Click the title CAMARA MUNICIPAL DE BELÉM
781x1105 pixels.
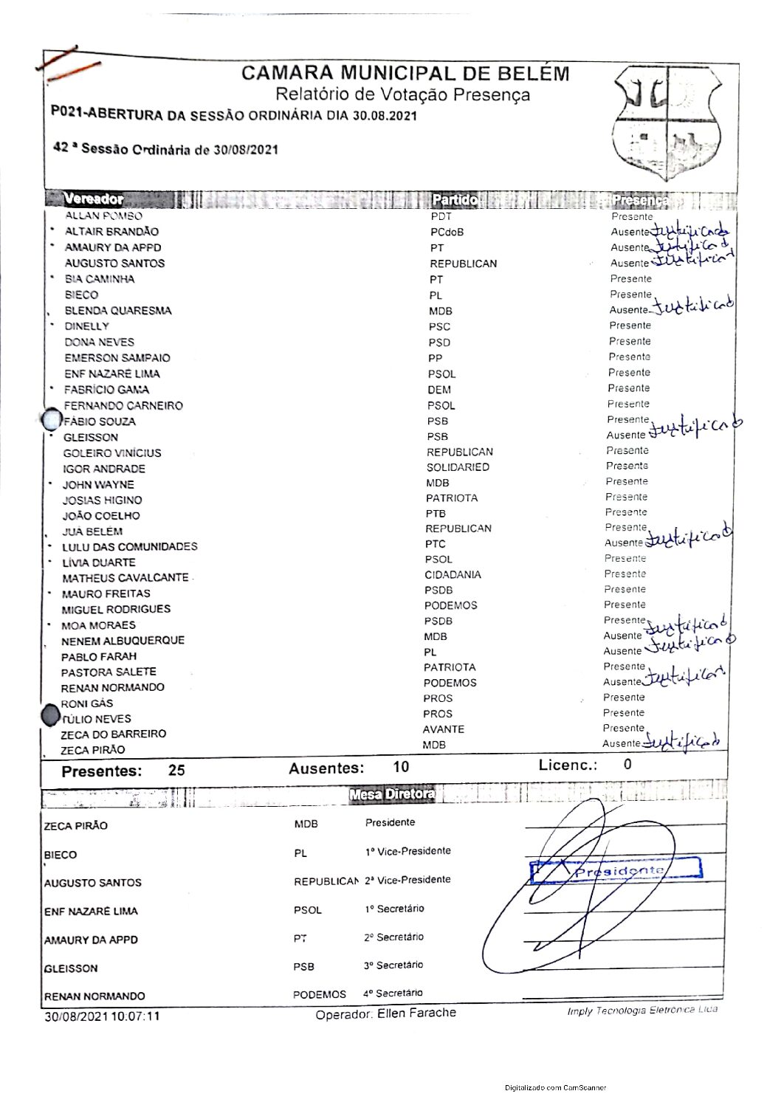click(x=405, y=74)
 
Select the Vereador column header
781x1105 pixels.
click(x=94, y=199)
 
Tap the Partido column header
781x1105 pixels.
click(x=455, y=199)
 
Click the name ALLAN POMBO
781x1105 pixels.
click(x=103, y=216)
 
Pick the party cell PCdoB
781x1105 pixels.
click(x=447, y=232)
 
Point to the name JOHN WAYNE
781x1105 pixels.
click(x=98, y=485)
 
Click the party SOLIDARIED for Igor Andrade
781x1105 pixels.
click(x=458, y=467)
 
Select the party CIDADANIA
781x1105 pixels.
click(x=453, y=574)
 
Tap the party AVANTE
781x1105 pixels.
click(x=444, y=729)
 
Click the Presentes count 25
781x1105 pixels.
click(x=176, y=771)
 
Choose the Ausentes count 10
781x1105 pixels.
click(x=401, y=767)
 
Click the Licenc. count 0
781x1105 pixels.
click(x=627, y=764)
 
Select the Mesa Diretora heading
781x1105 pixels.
click(x=392, y=794)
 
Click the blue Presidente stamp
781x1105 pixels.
click(x=616, y=871)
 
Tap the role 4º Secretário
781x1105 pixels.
click(x=393, y=994)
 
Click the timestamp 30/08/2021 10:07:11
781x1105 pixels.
click(x=102, y=1016)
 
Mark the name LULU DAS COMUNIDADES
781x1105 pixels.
click(x=129, y=547)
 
